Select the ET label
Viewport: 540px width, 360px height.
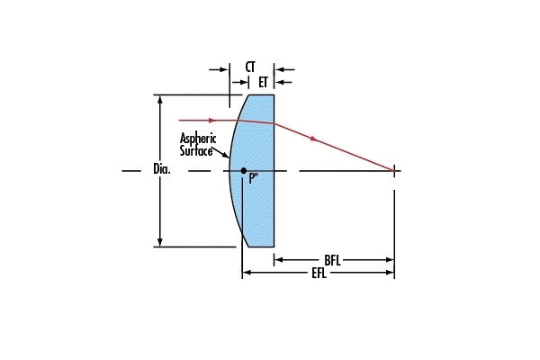click(264, 82)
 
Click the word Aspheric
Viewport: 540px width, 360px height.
click(198, 139)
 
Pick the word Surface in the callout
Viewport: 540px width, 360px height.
click(196, 151)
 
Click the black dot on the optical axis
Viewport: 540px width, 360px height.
click(243, 169)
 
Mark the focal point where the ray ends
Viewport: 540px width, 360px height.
click(394, 169)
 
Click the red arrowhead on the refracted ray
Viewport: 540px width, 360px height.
click(314, 139)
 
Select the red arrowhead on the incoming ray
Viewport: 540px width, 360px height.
click(212, 120)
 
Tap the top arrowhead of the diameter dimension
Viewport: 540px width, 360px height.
click(160, 98)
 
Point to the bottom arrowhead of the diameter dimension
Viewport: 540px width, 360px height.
click(160, 242)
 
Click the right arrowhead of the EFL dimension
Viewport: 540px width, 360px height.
click(390, 273)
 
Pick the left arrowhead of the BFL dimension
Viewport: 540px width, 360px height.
click(279, 260)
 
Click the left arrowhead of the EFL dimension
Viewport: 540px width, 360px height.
click(247, 273)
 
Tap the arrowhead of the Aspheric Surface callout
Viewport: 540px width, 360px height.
click(226, 159)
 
